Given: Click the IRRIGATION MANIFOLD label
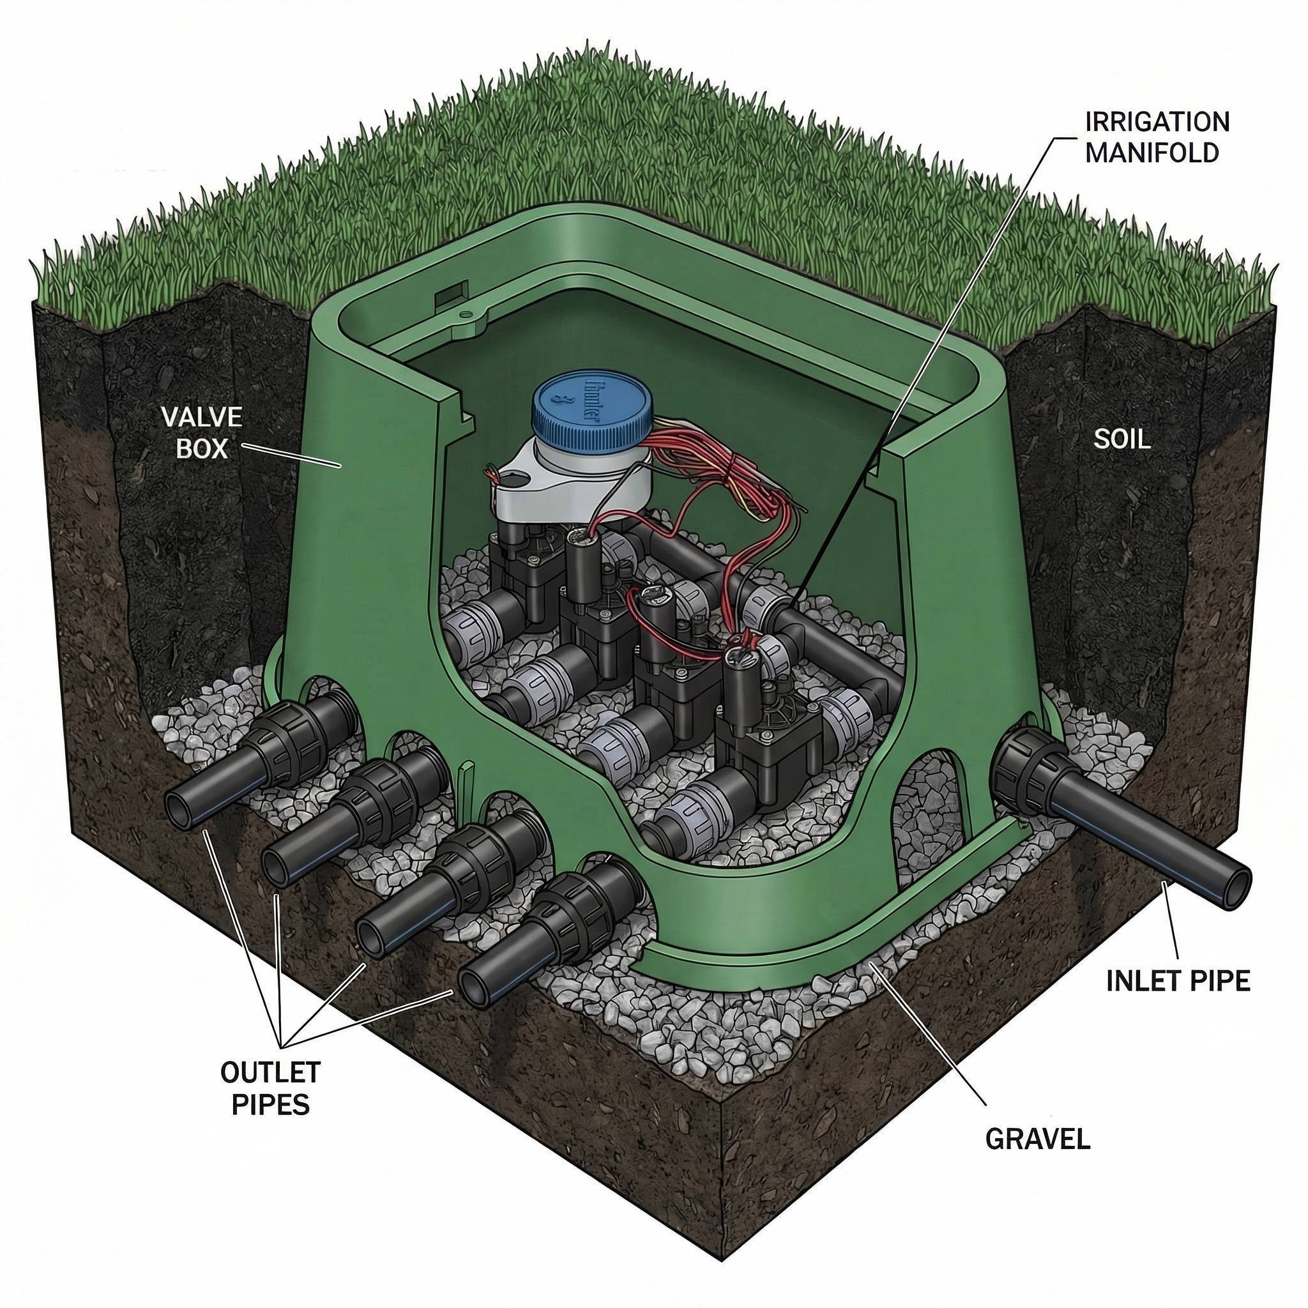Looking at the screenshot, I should (x=1157, y=137).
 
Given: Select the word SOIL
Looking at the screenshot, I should (x=1122, y=439).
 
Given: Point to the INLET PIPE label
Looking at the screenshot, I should (x=1178, y=980).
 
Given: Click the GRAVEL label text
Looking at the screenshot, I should (x=1037, y=1139).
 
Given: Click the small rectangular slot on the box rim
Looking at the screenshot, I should (x=448, y=296).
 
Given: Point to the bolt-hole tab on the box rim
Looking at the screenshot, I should (x=466, y=316).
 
